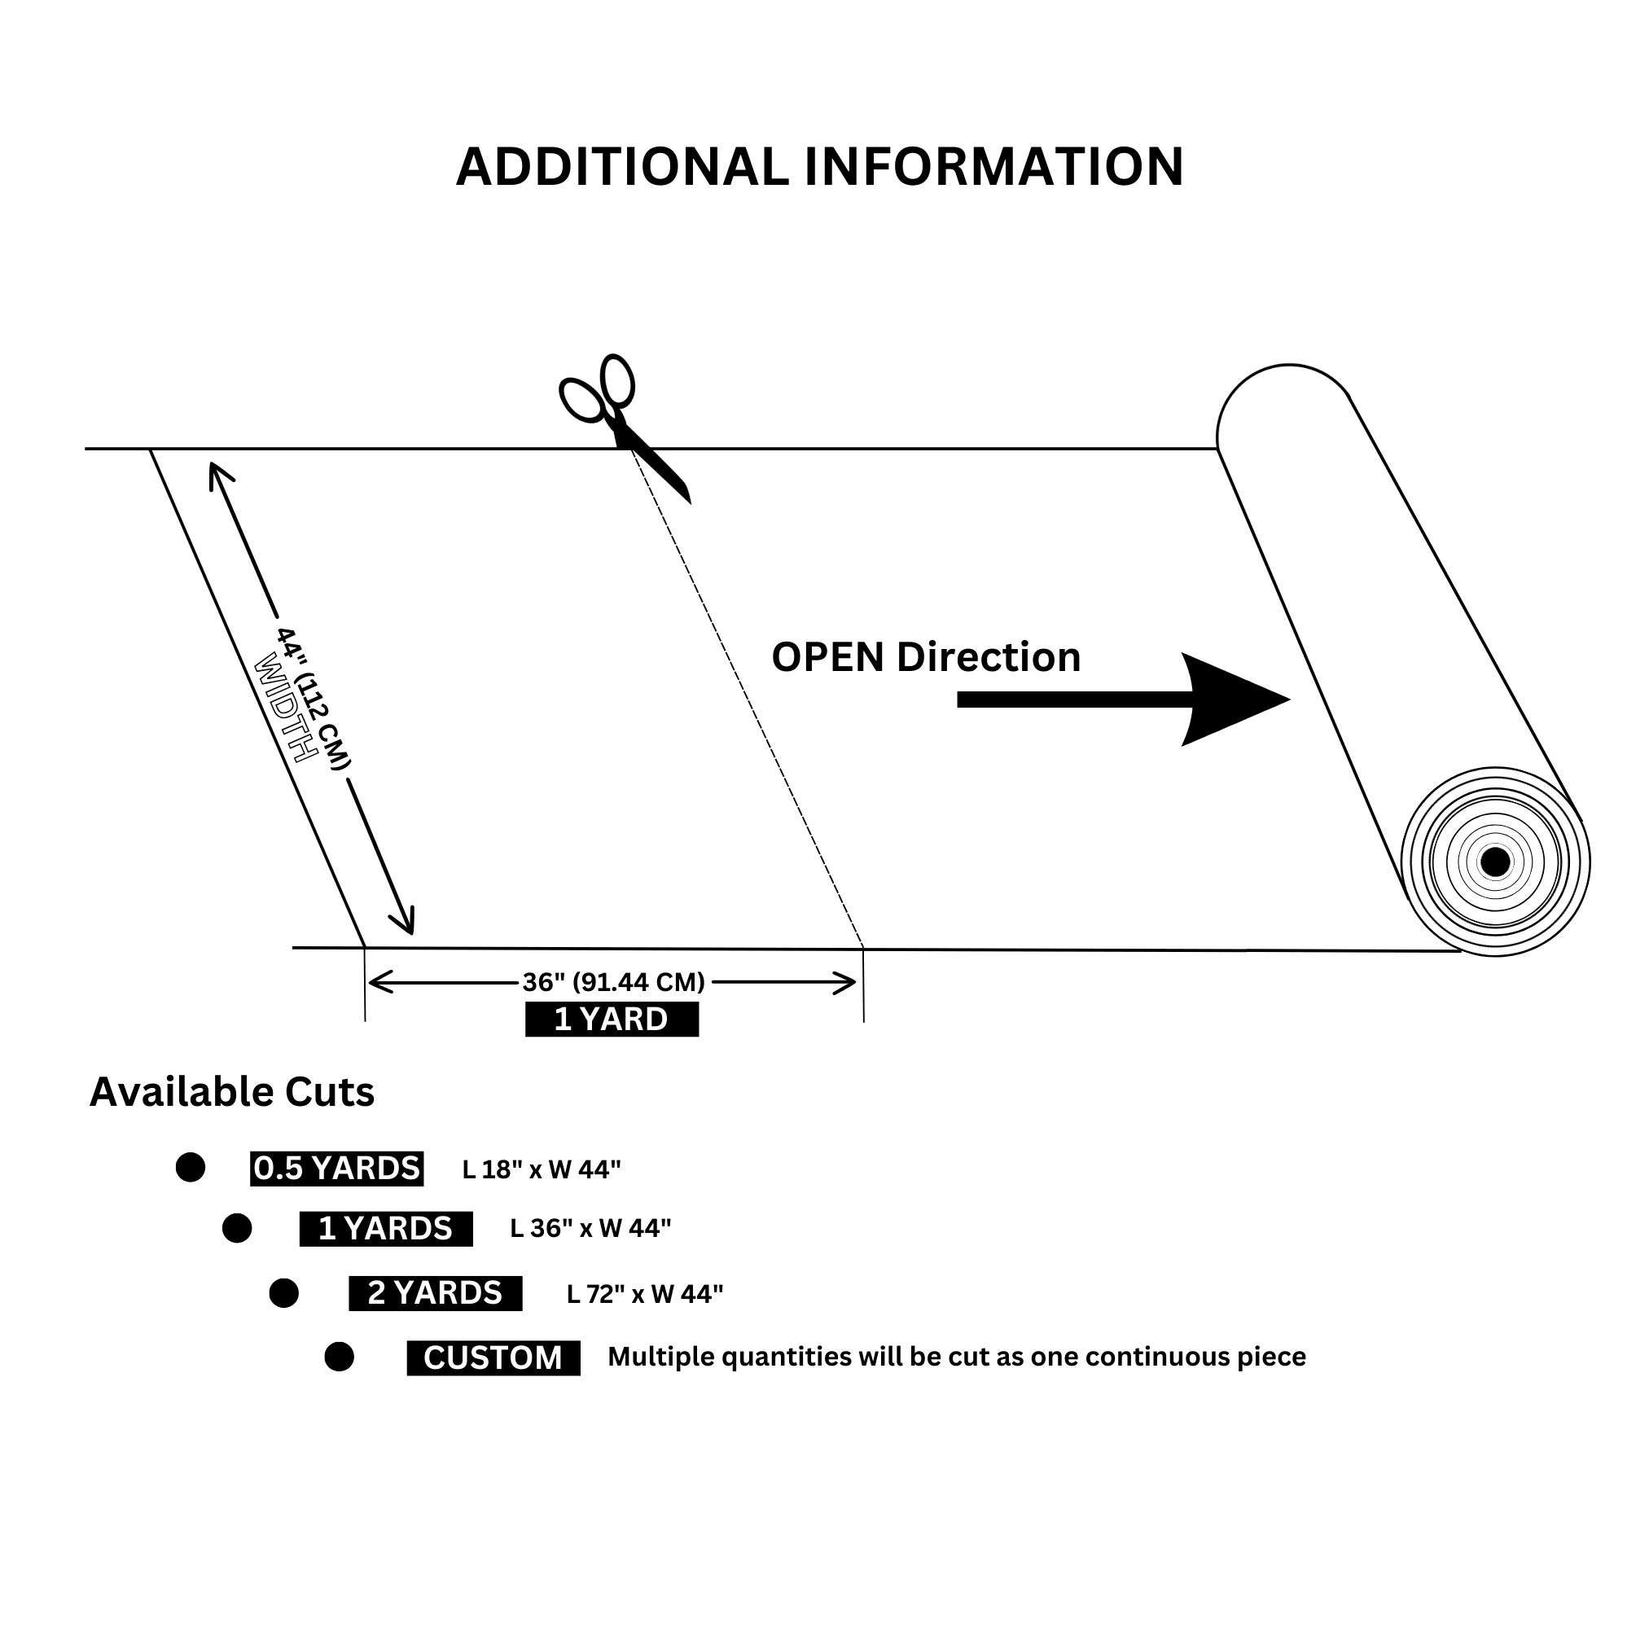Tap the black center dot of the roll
(x=1494, y=862)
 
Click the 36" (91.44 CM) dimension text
(x=614, y=982)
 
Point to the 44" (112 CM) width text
(x=314, y=700)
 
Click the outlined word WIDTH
(x=286, y=708)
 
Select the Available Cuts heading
(x=232, y=1093)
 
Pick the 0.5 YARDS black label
(x=336, y=1169)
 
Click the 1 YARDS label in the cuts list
(x=386, y=1228)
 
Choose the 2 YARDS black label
(x=436, y=1293)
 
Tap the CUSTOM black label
(x=493, y=1358)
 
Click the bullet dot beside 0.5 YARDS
(x=191, y=1168)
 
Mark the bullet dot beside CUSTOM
(x=339, y=1357)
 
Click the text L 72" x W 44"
(x=644, y=1295)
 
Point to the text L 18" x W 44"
(x=542, y=1169)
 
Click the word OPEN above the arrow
(x=827, y=657)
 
